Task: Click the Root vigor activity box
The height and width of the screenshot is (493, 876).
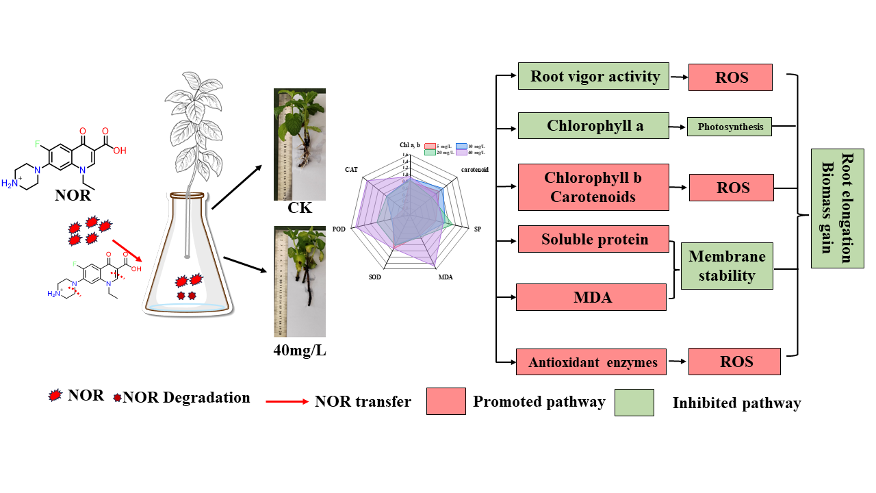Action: point(595,76)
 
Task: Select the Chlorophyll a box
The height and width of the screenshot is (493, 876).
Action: point(593,126)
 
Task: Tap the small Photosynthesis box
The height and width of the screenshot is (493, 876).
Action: point(730,127)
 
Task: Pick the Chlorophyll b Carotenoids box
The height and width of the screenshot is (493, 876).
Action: point(593,187)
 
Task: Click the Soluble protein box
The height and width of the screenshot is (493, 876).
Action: point(593,239)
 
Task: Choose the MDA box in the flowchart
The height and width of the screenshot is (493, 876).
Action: point(591,297)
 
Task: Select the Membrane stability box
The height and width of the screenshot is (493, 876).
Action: point(727,266)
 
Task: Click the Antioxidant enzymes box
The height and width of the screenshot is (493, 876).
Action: point(593,362)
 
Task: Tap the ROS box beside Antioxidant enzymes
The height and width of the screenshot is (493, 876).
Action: point(734,362)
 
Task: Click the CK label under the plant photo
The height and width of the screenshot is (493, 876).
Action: point(300,208)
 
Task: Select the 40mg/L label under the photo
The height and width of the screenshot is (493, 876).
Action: point(300,351)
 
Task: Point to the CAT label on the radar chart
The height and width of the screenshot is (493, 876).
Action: point(352,168)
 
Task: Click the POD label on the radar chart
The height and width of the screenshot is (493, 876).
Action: point(338,229)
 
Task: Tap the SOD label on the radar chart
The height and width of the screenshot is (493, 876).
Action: point(374,277)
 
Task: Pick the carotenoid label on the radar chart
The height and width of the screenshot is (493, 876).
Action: point(474,168)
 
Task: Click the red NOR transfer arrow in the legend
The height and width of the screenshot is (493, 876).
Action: point(287,401)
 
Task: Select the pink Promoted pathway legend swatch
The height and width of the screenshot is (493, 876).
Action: point(446,401)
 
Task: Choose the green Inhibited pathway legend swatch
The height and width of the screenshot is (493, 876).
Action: point(634,402)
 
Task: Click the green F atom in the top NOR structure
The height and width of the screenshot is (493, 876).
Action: point(39,144)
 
